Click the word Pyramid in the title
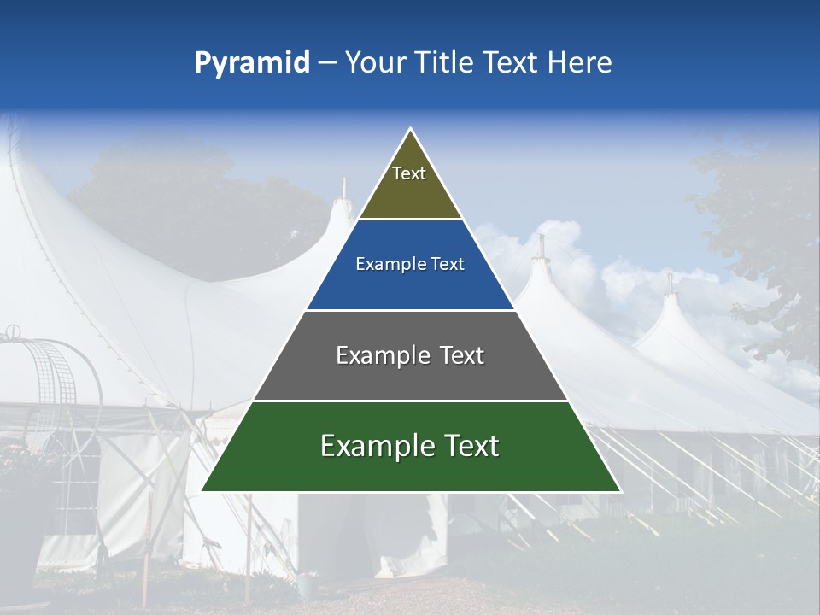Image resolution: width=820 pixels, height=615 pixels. click(x=251, y=63)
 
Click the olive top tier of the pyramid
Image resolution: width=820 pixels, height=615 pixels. click(x=410, y=192)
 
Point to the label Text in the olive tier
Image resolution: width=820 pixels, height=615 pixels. click(x=409, y=173)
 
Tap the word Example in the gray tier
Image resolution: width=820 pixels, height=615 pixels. click(x=382, y=355)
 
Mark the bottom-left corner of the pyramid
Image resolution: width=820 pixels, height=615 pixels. click(x=202, y=491)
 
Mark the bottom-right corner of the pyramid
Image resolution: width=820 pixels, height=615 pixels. click(x=619, y=491)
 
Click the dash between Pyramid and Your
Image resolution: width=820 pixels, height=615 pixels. click(x=327, y=63)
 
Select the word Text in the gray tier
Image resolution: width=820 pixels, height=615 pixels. click(x=462, y=355)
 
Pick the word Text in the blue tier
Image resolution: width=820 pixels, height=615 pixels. click(x=448, y=264)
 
